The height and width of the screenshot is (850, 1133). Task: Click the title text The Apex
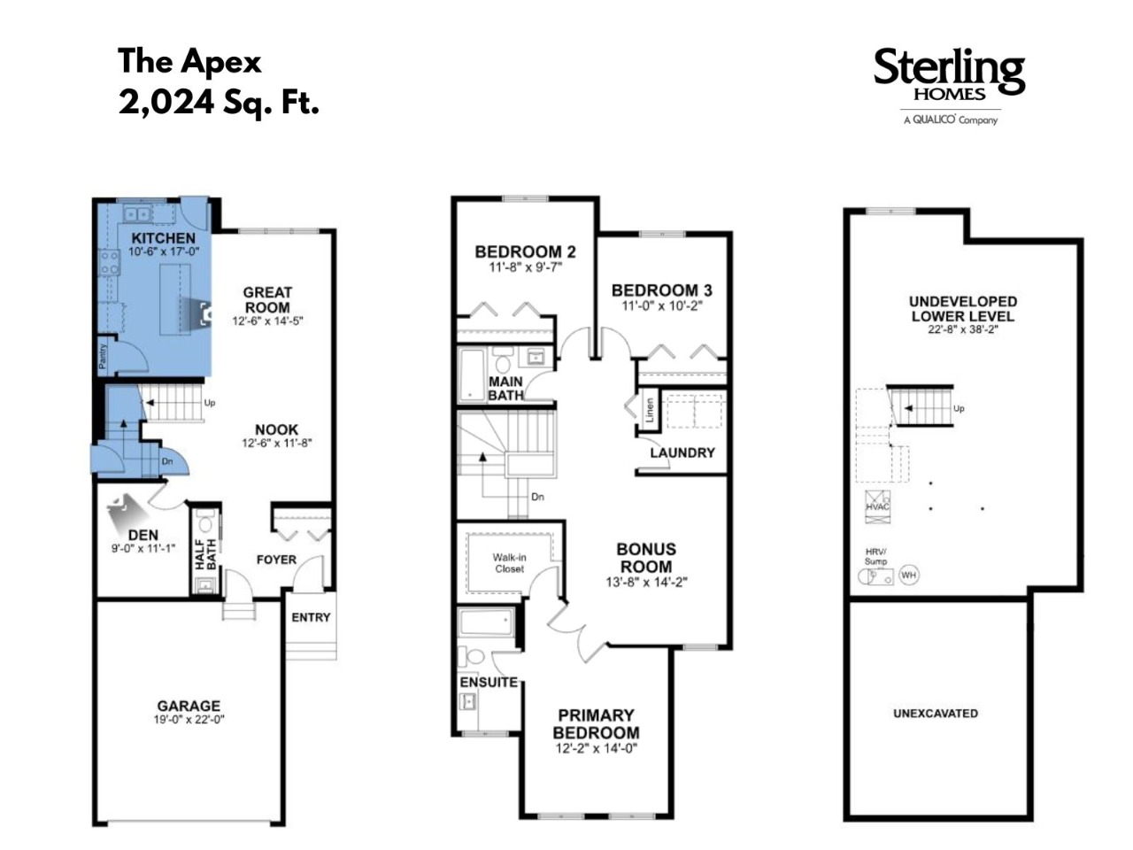[189, 61]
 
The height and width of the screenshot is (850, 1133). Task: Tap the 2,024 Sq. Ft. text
[219, 102]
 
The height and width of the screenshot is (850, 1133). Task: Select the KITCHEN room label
[163, 238]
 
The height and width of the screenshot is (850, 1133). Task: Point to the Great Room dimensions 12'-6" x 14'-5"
[267, 321]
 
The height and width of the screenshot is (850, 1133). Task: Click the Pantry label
[103, 356]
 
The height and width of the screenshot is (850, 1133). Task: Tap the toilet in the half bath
[205, 522]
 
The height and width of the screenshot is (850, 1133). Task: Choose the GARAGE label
[189, 706]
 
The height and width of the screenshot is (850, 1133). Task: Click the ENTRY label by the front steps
[311, 617]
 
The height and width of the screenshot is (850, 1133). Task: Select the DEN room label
[143, 535]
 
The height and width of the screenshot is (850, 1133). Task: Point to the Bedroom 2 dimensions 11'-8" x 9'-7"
[525, 267]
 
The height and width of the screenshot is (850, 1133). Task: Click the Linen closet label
[650, 410]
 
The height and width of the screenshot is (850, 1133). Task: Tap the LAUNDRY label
[682, 452]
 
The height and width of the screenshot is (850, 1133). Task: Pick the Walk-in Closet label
[510, 563]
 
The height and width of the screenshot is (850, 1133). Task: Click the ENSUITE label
[489, 683]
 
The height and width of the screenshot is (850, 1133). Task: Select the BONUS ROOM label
[646, 558]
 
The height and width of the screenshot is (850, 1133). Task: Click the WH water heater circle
[909, 575]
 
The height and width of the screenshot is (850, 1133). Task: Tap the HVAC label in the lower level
[877, 506]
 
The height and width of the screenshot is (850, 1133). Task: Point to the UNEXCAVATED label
[936, 714]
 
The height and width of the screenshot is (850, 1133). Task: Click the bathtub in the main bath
[472, 374]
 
